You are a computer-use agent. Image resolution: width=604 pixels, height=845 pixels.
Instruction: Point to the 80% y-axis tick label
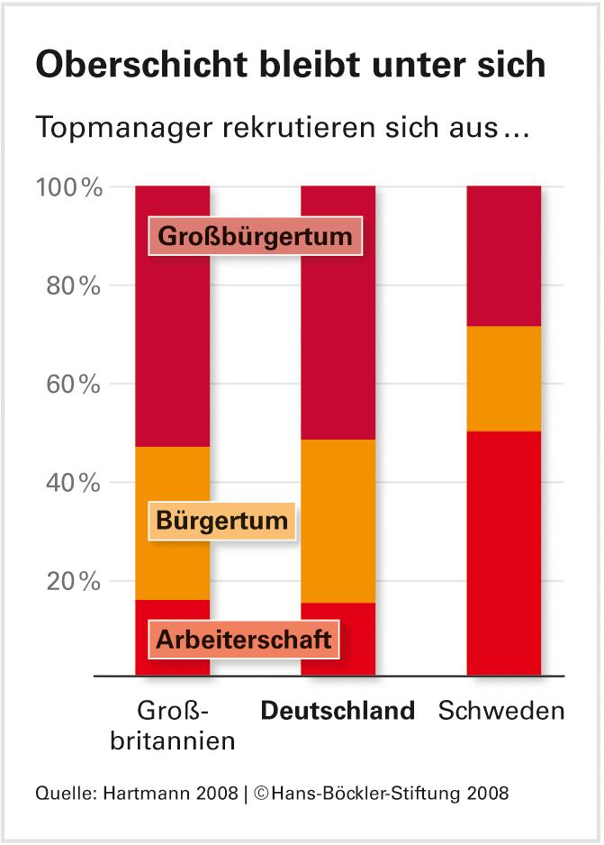click(x=71, y=286)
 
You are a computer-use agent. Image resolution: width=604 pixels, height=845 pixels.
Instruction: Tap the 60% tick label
click(x=71, y=385)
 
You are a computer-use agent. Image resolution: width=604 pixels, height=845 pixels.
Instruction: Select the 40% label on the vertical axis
click(x=71, y=483)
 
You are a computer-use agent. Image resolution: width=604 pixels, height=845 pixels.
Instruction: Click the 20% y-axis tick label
click(x=71, y=581)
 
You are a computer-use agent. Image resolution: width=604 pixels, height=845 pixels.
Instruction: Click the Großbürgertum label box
click(x=255, y=237)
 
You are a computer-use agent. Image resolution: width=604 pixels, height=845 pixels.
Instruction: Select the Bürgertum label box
click(x=221, y=520)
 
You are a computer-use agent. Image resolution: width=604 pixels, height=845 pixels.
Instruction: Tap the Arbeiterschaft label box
click(x=244, y=641)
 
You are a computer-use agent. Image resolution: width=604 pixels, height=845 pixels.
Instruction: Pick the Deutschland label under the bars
click(x=338, y=711)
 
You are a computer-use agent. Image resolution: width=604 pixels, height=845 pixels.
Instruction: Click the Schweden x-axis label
click(x=501, y=711)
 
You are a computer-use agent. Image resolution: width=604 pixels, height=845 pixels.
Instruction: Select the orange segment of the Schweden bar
click(x=503, y=378)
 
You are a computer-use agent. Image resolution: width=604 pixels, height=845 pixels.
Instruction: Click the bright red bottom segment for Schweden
click(x=503, y=554)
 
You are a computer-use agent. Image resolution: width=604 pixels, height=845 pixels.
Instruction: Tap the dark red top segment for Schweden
click(x=503, y=256)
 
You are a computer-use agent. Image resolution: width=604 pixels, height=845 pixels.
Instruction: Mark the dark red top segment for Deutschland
click(x=338, y=342)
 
